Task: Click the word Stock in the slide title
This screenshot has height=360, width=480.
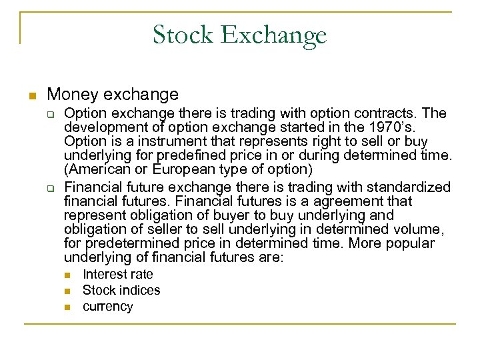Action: [x=178, y=34]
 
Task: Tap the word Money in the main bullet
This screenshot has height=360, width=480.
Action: [x=68, y=94]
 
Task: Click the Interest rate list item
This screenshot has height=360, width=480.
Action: [x=117, y=274]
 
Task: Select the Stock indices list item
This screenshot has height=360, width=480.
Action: [x=121, y=290]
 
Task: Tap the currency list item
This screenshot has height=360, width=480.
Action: [x=107, y=307]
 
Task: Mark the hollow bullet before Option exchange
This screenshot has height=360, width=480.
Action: [x=50, y=113]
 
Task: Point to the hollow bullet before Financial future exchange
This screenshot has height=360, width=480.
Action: [x=50, y=186]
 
